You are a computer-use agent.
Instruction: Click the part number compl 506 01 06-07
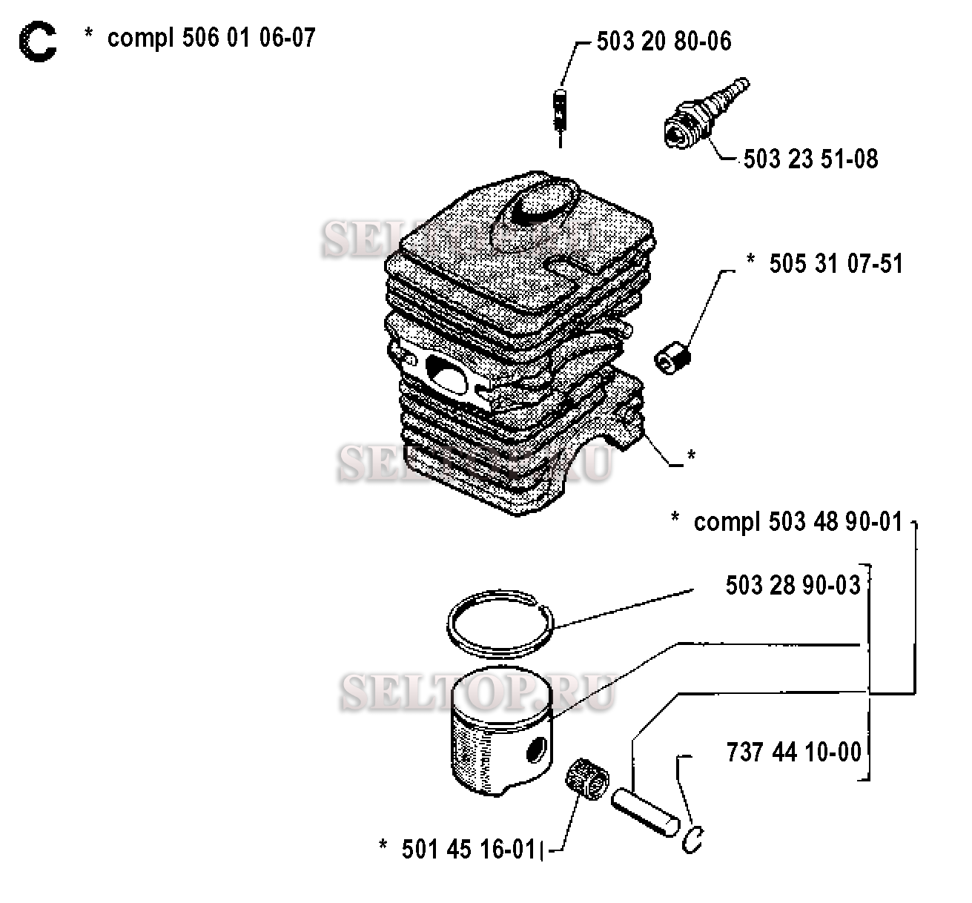[211, 37]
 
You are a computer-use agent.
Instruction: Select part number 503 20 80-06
[664, 42]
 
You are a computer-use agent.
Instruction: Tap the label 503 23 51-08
[810, 159]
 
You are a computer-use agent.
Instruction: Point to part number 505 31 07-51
[836, 264]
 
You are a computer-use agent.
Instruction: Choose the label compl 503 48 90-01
[797, 522]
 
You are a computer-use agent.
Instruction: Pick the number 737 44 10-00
[793, 752]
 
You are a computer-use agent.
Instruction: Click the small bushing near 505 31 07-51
[672, 354]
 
